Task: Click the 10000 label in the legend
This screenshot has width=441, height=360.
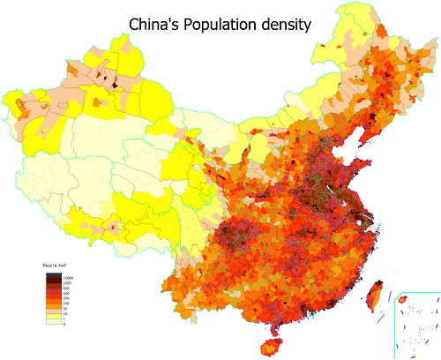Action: (67, 277)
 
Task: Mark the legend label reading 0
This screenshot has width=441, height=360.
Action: (65, 324)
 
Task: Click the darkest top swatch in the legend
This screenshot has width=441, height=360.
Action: (53, 276)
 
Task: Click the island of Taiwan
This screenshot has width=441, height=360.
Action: (373, 294)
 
